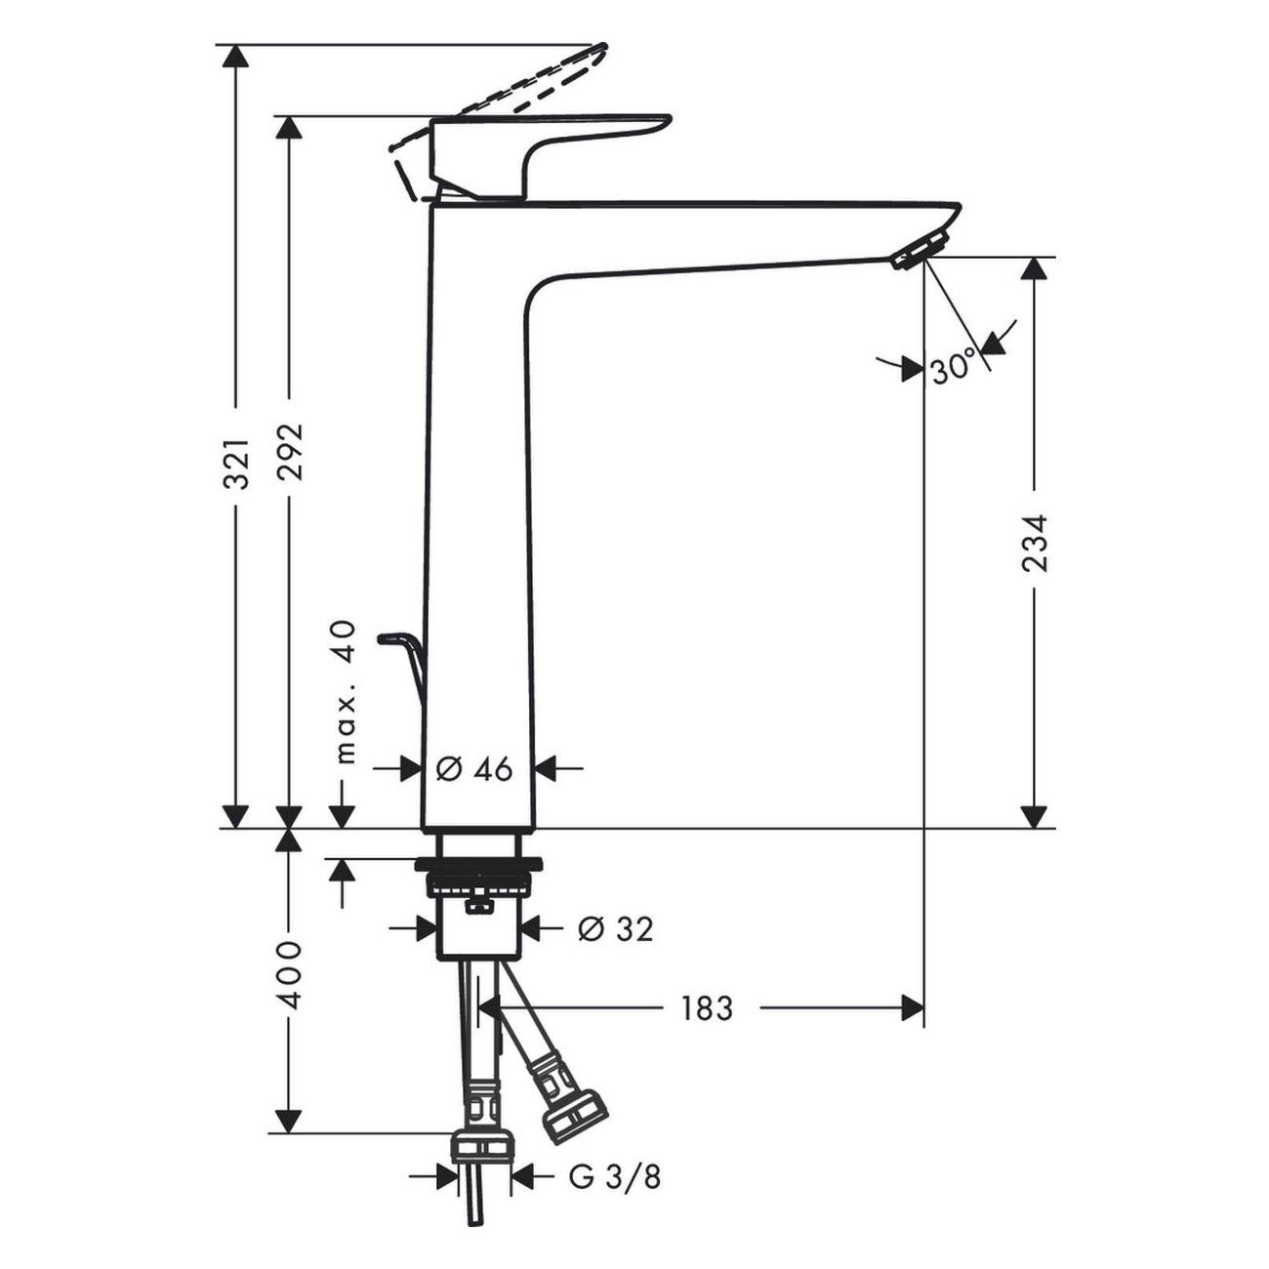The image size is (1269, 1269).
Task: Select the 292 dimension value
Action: click(x=289, y=452)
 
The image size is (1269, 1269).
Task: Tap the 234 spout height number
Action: click(x=1033, y=544)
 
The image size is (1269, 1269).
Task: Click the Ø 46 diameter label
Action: click(x=474, y=768)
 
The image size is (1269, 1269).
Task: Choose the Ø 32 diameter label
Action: click(x=616, y=928)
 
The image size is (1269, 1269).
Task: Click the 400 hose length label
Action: click(x=289, y=974)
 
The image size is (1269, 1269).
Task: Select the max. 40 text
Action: click(x=346, y=692)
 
